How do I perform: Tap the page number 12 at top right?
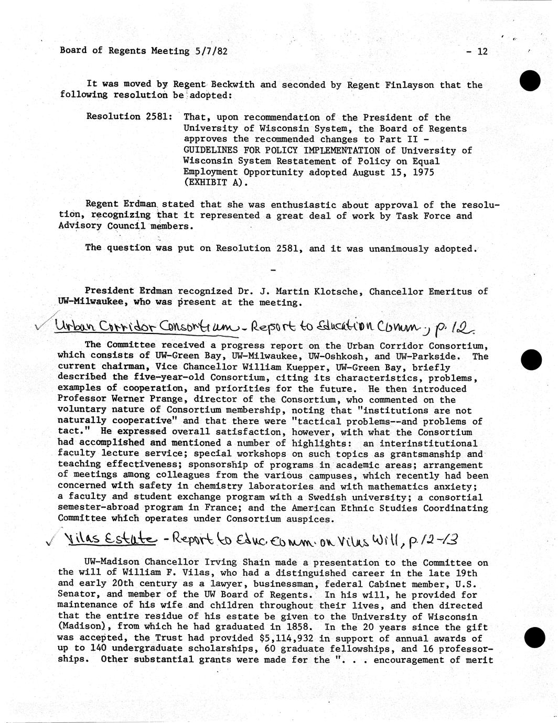(x=482, y=51)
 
